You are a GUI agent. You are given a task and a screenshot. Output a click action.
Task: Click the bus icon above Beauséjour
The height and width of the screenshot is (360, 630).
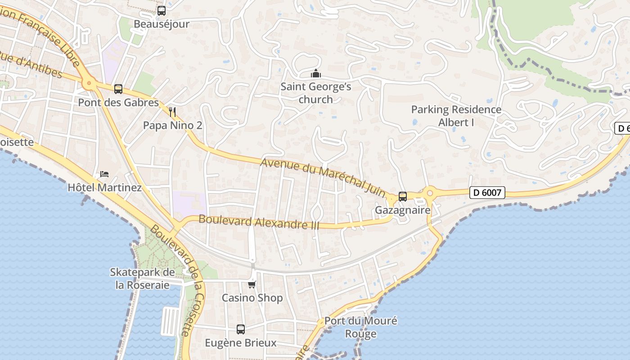tap(162, 11)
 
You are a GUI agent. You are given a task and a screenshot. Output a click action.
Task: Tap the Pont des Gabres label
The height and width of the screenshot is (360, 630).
tap(118, 103)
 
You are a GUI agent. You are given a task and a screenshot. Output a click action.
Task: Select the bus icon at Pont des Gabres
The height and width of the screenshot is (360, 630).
tap(118, 89)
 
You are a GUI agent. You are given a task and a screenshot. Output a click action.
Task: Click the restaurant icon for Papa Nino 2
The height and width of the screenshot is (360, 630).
tap(172, 112)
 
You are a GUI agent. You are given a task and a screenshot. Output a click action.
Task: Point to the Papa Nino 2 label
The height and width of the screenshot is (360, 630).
tap(172, 125)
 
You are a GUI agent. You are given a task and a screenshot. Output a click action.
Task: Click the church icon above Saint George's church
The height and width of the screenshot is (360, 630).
tap(316, 73)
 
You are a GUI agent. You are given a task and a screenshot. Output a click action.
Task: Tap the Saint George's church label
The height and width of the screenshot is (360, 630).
tap(316, 93)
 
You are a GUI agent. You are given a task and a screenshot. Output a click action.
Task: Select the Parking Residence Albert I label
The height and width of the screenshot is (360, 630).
tap(456, 116)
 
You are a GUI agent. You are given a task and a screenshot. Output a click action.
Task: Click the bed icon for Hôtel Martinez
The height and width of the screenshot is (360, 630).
tap(104, 174)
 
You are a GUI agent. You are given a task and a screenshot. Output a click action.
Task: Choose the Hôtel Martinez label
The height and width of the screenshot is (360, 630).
tap(104, 187)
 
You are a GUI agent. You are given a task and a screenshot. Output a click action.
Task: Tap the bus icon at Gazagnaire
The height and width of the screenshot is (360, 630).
tap(403, 197)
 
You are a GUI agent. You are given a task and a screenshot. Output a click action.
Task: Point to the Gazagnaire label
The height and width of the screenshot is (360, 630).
tap(403, 210)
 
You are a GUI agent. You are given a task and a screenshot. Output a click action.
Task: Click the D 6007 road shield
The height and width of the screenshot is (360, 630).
tap(487, 193)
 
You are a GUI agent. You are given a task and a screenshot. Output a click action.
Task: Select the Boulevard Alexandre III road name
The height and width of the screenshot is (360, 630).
tap(259, 222)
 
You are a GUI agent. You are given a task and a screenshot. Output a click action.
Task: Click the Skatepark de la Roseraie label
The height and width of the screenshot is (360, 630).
tap(143, 279)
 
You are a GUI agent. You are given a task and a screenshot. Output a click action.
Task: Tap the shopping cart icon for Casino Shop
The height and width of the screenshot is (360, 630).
tap(252, 284)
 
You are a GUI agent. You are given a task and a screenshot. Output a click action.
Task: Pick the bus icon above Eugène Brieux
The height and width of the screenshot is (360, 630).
tap(241, 329)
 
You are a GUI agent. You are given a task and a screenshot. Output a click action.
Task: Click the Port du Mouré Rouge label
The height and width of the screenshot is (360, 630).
tap(361, 327)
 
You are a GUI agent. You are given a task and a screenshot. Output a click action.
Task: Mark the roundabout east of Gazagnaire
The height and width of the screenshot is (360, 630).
tap(429, 194)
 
